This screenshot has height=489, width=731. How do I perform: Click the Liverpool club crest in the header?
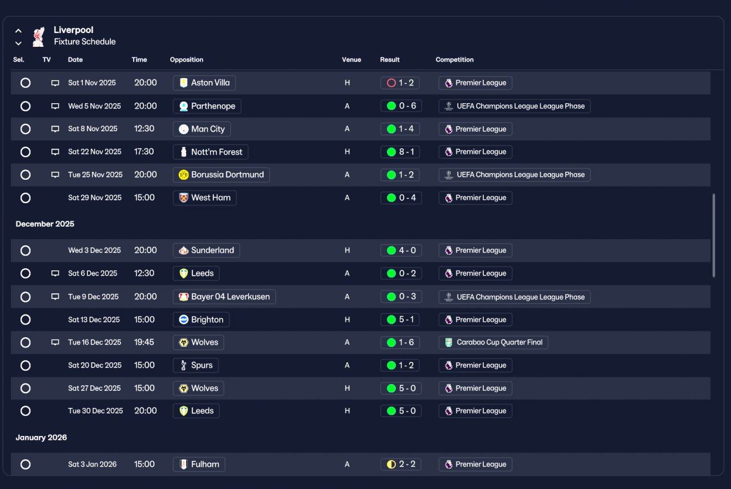tap(38, 37)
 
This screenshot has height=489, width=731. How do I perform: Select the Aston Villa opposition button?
tap(204, 83)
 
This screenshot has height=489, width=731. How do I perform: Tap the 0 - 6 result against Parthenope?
tap(401, 106)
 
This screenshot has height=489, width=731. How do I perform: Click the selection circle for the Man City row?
tap(26, 129)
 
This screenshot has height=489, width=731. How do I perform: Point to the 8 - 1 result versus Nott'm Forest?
tap(400, 152)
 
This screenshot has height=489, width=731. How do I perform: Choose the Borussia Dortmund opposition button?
tap(221, 175)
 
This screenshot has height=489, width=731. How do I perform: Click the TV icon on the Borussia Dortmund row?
tap(55, 175)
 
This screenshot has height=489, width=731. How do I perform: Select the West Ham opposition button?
tap(204, 198)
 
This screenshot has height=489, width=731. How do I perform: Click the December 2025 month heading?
tap(45, 224)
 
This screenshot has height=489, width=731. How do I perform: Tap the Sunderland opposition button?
tap(206, 250)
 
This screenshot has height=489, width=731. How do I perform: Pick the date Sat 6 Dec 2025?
tap(93, 273)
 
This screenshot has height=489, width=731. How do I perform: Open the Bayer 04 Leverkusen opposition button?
tap(224, 297)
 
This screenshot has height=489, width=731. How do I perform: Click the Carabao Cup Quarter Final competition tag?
tap(493, 342)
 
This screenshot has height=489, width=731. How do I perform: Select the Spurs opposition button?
tap(196, 365)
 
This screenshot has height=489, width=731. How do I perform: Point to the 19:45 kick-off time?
tap(144, 342)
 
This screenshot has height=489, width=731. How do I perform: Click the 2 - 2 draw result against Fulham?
tap(401, 464)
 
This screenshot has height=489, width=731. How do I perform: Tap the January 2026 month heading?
tap(41, 438)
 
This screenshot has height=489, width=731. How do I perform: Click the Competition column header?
tap(455, 60)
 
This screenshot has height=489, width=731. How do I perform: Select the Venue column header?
tap(351, 60)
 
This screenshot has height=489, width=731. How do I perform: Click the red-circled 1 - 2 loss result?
tap(400, 83)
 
